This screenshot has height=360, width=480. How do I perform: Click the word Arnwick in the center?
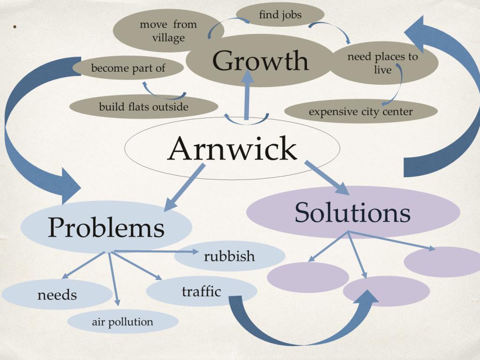pos(232,149)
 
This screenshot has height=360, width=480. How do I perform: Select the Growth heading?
pos(261,61)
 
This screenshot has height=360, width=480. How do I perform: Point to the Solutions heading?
pos(352,212)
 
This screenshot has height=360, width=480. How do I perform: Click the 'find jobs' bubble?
pos(280,15)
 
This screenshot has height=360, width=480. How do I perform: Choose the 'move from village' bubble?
pos(168,31)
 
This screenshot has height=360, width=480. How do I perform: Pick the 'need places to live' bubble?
pos(383,63)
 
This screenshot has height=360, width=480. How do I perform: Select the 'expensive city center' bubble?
pos(360,112)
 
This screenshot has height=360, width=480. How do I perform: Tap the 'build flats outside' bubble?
pos(143,107)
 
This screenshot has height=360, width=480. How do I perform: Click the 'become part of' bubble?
pos(128,68)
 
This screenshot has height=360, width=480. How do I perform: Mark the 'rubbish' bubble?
pos(230,256)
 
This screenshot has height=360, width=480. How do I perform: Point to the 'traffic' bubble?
pos(201,291)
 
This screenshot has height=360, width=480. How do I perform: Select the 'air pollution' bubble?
pos(122,322)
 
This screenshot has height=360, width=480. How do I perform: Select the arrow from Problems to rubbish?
pos(155,252)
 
